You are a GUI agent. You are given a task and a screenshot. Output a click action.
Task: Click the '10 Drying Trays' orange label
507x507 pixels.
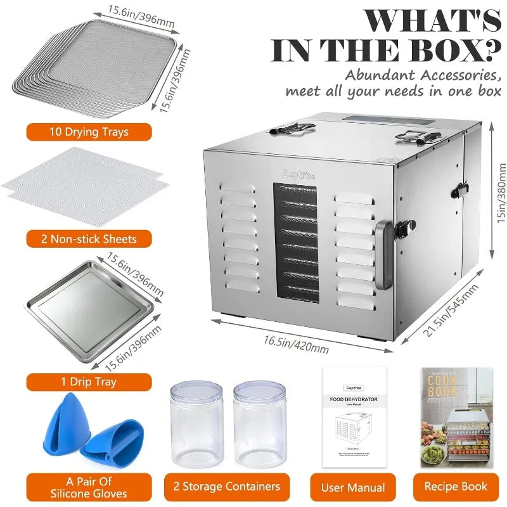(x=89, y=132)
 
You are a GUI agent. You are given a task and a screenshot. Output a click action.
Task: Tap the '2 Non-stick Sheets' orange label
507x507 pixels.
(x=89, y=239)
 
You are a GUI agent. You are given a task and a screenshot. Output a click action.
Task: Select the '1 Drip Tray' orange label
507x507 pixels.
(x=89, y=382)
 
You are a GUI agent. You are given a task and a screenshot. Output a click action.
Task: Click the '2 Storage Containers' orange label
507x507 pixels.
(x=226, y=487)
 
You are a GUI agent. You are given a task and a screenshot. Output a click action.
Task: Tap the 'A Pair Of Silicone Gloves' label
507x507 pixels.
(x=89, y=487)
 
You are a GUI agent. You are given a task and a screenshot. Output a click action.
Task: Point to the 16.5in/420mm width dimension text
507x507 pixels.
(x=297, y=342)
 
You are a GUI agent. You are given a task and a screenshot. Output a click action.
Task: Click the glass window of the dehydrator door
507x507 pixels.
(x=295, y=241)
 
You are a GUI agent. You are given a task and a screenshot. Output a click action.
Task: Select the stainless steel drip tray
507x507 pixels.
(x=89, y=317)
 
